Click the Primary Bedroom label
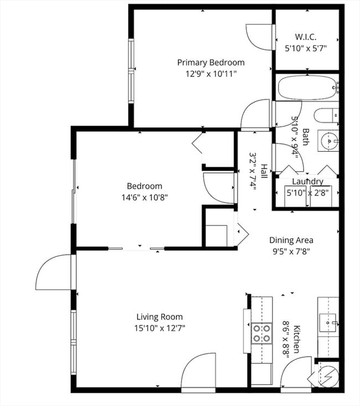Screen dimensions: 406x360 [x=210, y=63]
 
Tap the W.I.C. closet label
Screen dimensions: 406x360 [x=306, y=37]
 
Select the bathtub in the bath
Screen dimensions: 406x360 [x=306, y=88]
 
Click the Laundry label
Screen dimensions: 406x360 [x=307, y=181]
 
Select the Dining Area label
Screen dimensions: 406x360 [x=291, y=240]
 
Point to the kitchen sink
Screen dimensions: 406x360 [x=328, y=321]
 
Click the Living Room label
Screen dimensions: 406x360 [x=160, y=317]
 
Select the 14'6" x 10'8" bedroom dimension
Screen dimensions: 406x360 [x=145, y=197]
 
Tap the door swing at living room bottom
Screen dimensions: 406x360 [x=198, y=372]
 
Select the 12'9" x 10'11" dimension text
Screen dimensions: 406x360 [x=210, y=73]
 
